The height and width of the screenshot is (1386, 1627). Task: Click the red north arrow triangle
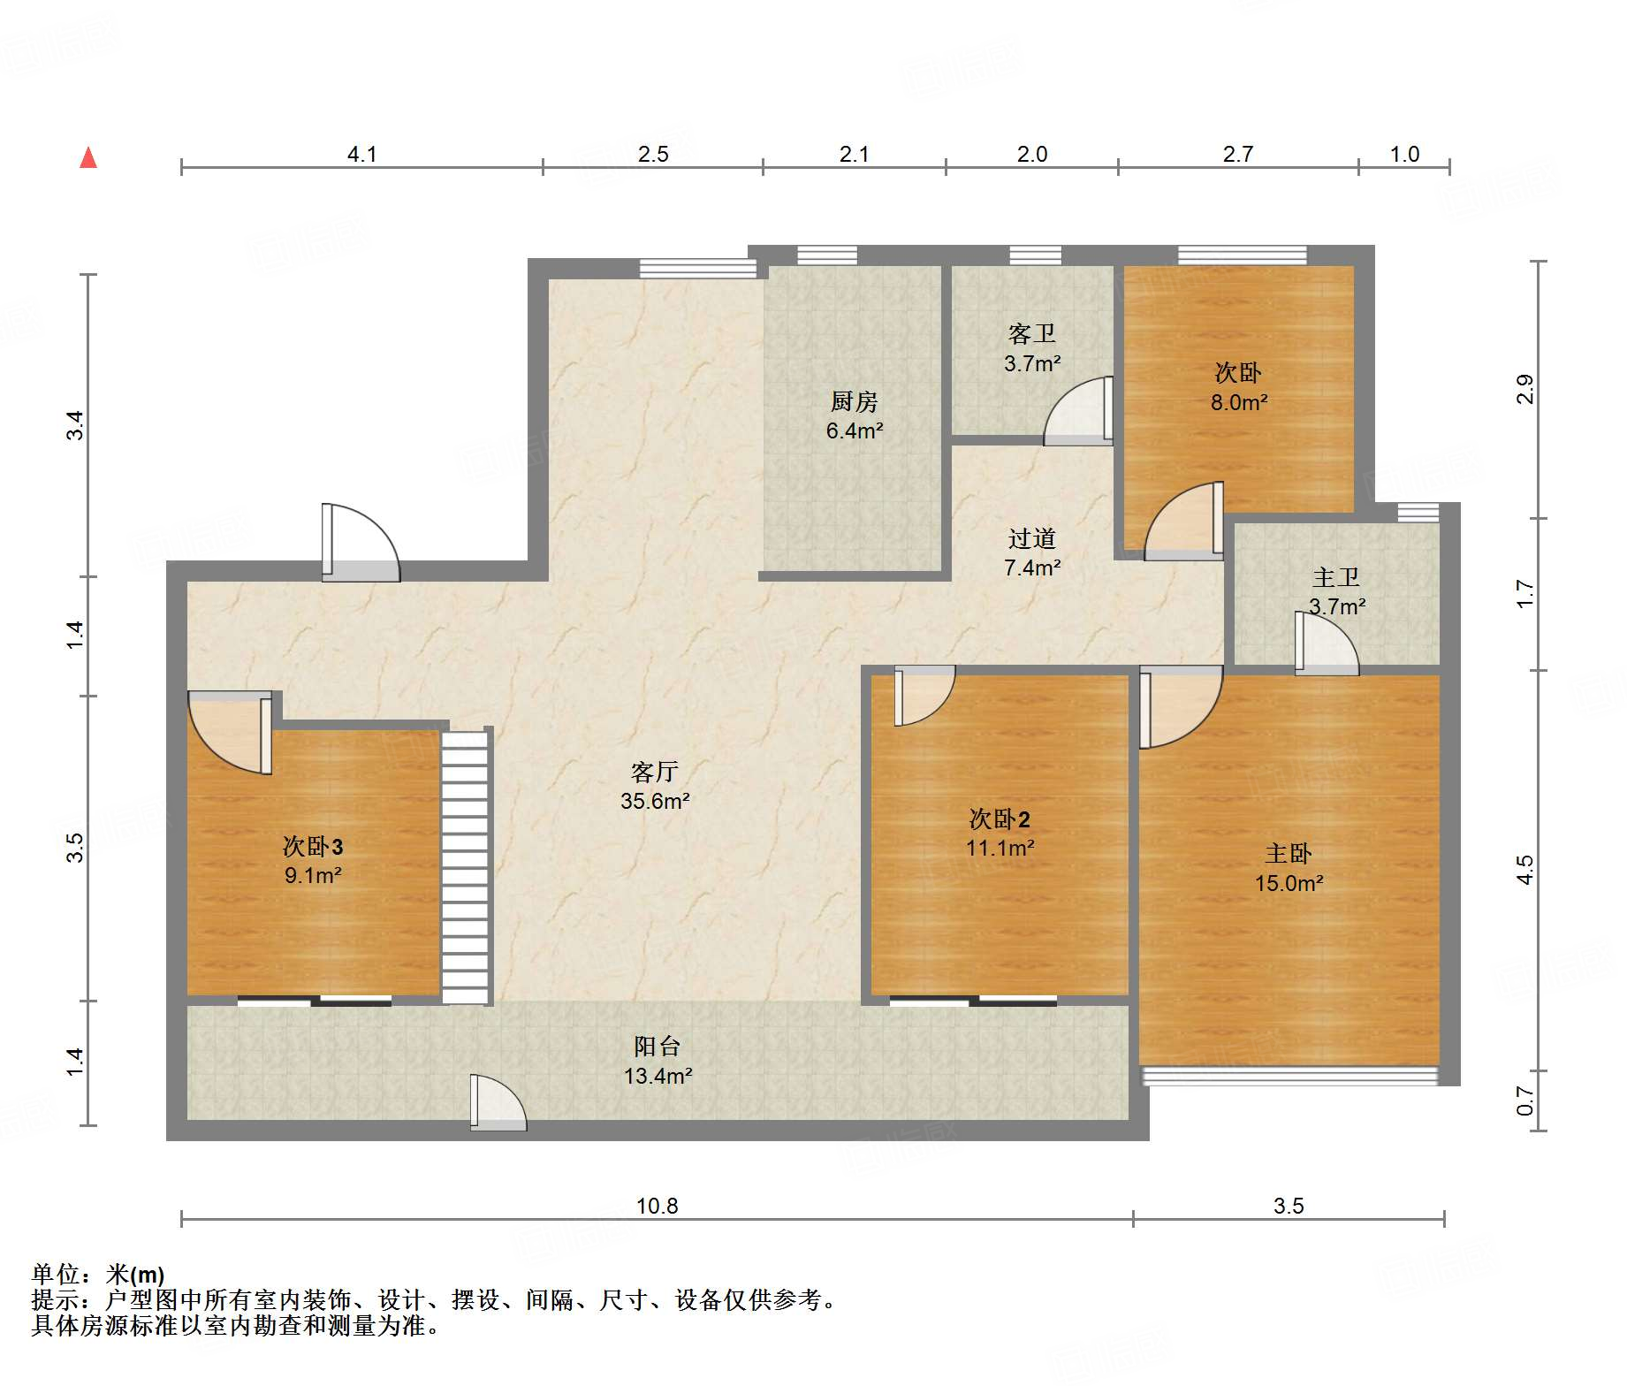88,157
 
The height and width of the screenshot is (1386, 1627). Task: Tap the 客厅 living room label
654,772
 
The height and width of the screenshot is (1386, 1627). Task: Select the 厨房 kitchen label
854,401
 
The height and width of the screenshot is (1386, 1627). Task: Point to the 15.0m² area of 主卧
1289,883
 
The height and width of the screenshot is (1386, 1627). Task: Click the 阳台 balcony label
658,1047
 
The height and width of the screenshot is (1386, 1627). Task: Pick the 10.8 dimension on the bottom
658,1206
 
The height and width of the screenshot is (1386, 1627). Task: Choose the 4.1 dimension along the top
361,155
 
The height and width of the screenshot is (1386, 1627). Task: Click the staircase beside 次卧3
466,866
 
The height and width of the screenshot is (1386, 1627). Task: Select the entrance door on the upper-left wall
361,543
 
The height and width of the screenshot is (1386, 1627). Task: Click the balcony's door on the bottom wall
498,1102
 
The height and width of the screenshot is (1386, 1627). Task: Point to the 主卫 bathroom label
1335,577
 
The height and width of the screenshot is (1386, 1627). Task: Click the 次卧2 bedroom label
1000,819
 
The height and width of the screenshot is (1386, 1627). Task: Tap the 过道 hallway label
1031,538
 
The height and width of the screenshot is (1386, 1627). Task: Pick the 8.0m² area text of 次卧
1238,402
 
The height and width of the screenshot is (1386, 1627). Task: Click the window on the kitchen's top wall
827,255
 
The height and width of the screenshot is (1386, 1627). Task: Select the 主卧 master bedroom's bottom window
1290,1076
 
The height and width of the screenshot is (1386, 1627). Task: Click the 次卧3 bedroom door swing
230,733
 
